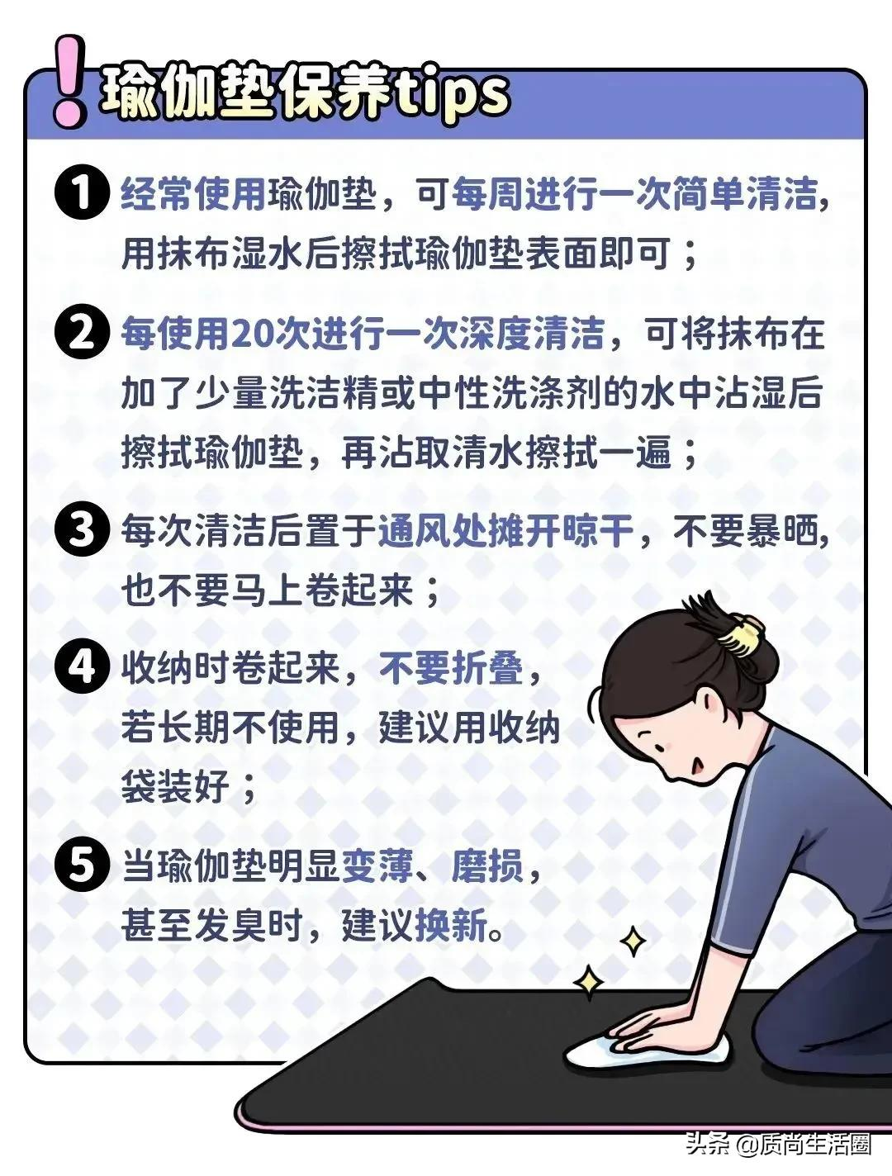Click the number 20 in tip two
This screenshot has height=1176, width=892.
pyautogui.click(x=249, y=334)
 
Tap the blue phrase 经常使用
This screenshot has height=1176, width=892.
pyautogui.click(x=193, y=193)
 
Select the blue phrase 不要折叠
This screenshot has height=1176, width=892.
pyautogui.click(x=451, y=669)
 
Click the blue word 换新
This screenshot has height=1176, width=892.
pyautogui.click(x=451, y=924)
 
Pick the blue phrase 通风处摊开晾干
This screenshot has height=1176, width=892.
pyautogui.click(x=505, y=530)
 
